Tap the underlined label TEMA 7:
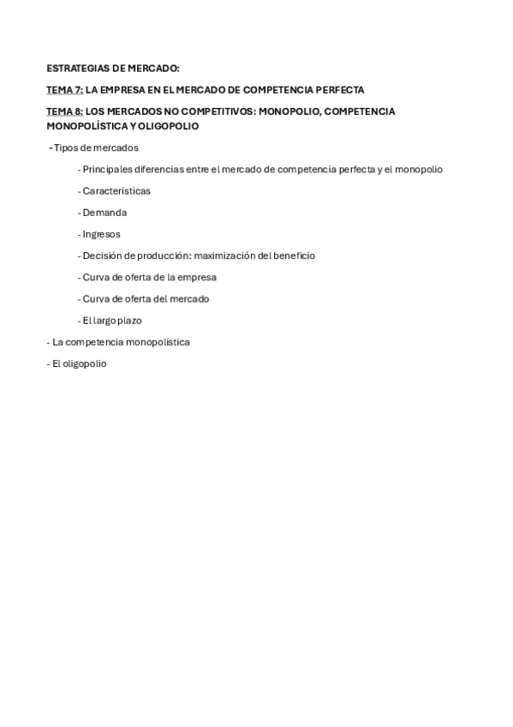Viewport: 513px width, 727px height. [x=64, y=90]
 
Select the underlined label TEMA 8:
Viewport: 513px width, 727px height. [x=64, y=111]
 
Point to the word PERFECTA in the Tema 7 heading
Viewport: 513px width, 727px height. [x=340, y=90]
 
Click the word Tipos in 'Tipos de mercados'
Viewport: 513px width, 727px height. [x=65, y=147]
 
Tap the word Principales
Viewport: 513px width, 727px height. [x=110, y=170]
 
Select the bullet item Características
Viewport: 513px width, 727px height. [x=116, y=191]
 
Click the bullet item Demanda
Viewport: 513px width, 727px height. [x=104, y=213]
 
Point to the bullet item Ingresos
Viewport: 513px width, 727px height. [x=101, y=234]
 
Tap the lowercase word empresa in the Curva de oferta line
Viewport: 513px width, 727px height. [x=197, y=277]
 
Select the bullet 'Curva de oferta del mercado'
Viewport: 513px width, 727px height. [x=146, y=298]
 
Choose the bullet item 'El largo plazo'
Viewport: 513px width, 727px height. [x=111, y=321]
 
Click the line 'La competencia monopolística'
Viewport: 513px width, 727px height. [x=121, y=342]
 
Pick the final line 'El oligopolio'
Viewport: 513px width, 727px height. [x=79, y=363]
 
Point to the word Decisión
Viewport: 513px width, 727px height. [x=103, y=255]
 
